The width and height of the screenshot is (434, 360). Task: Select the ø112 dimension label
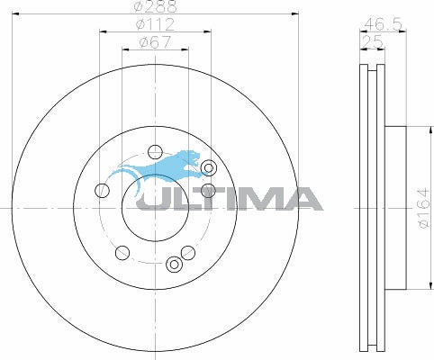(x=154, y=24)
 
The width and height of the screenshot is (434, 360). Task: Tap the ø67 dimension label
(x=154, y=40)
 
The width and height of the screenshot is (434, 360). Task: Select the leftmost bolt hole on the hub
(x=102, y=190)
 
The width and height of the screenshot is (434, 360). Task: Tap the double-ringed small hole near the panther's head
(x=209, y=167)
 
